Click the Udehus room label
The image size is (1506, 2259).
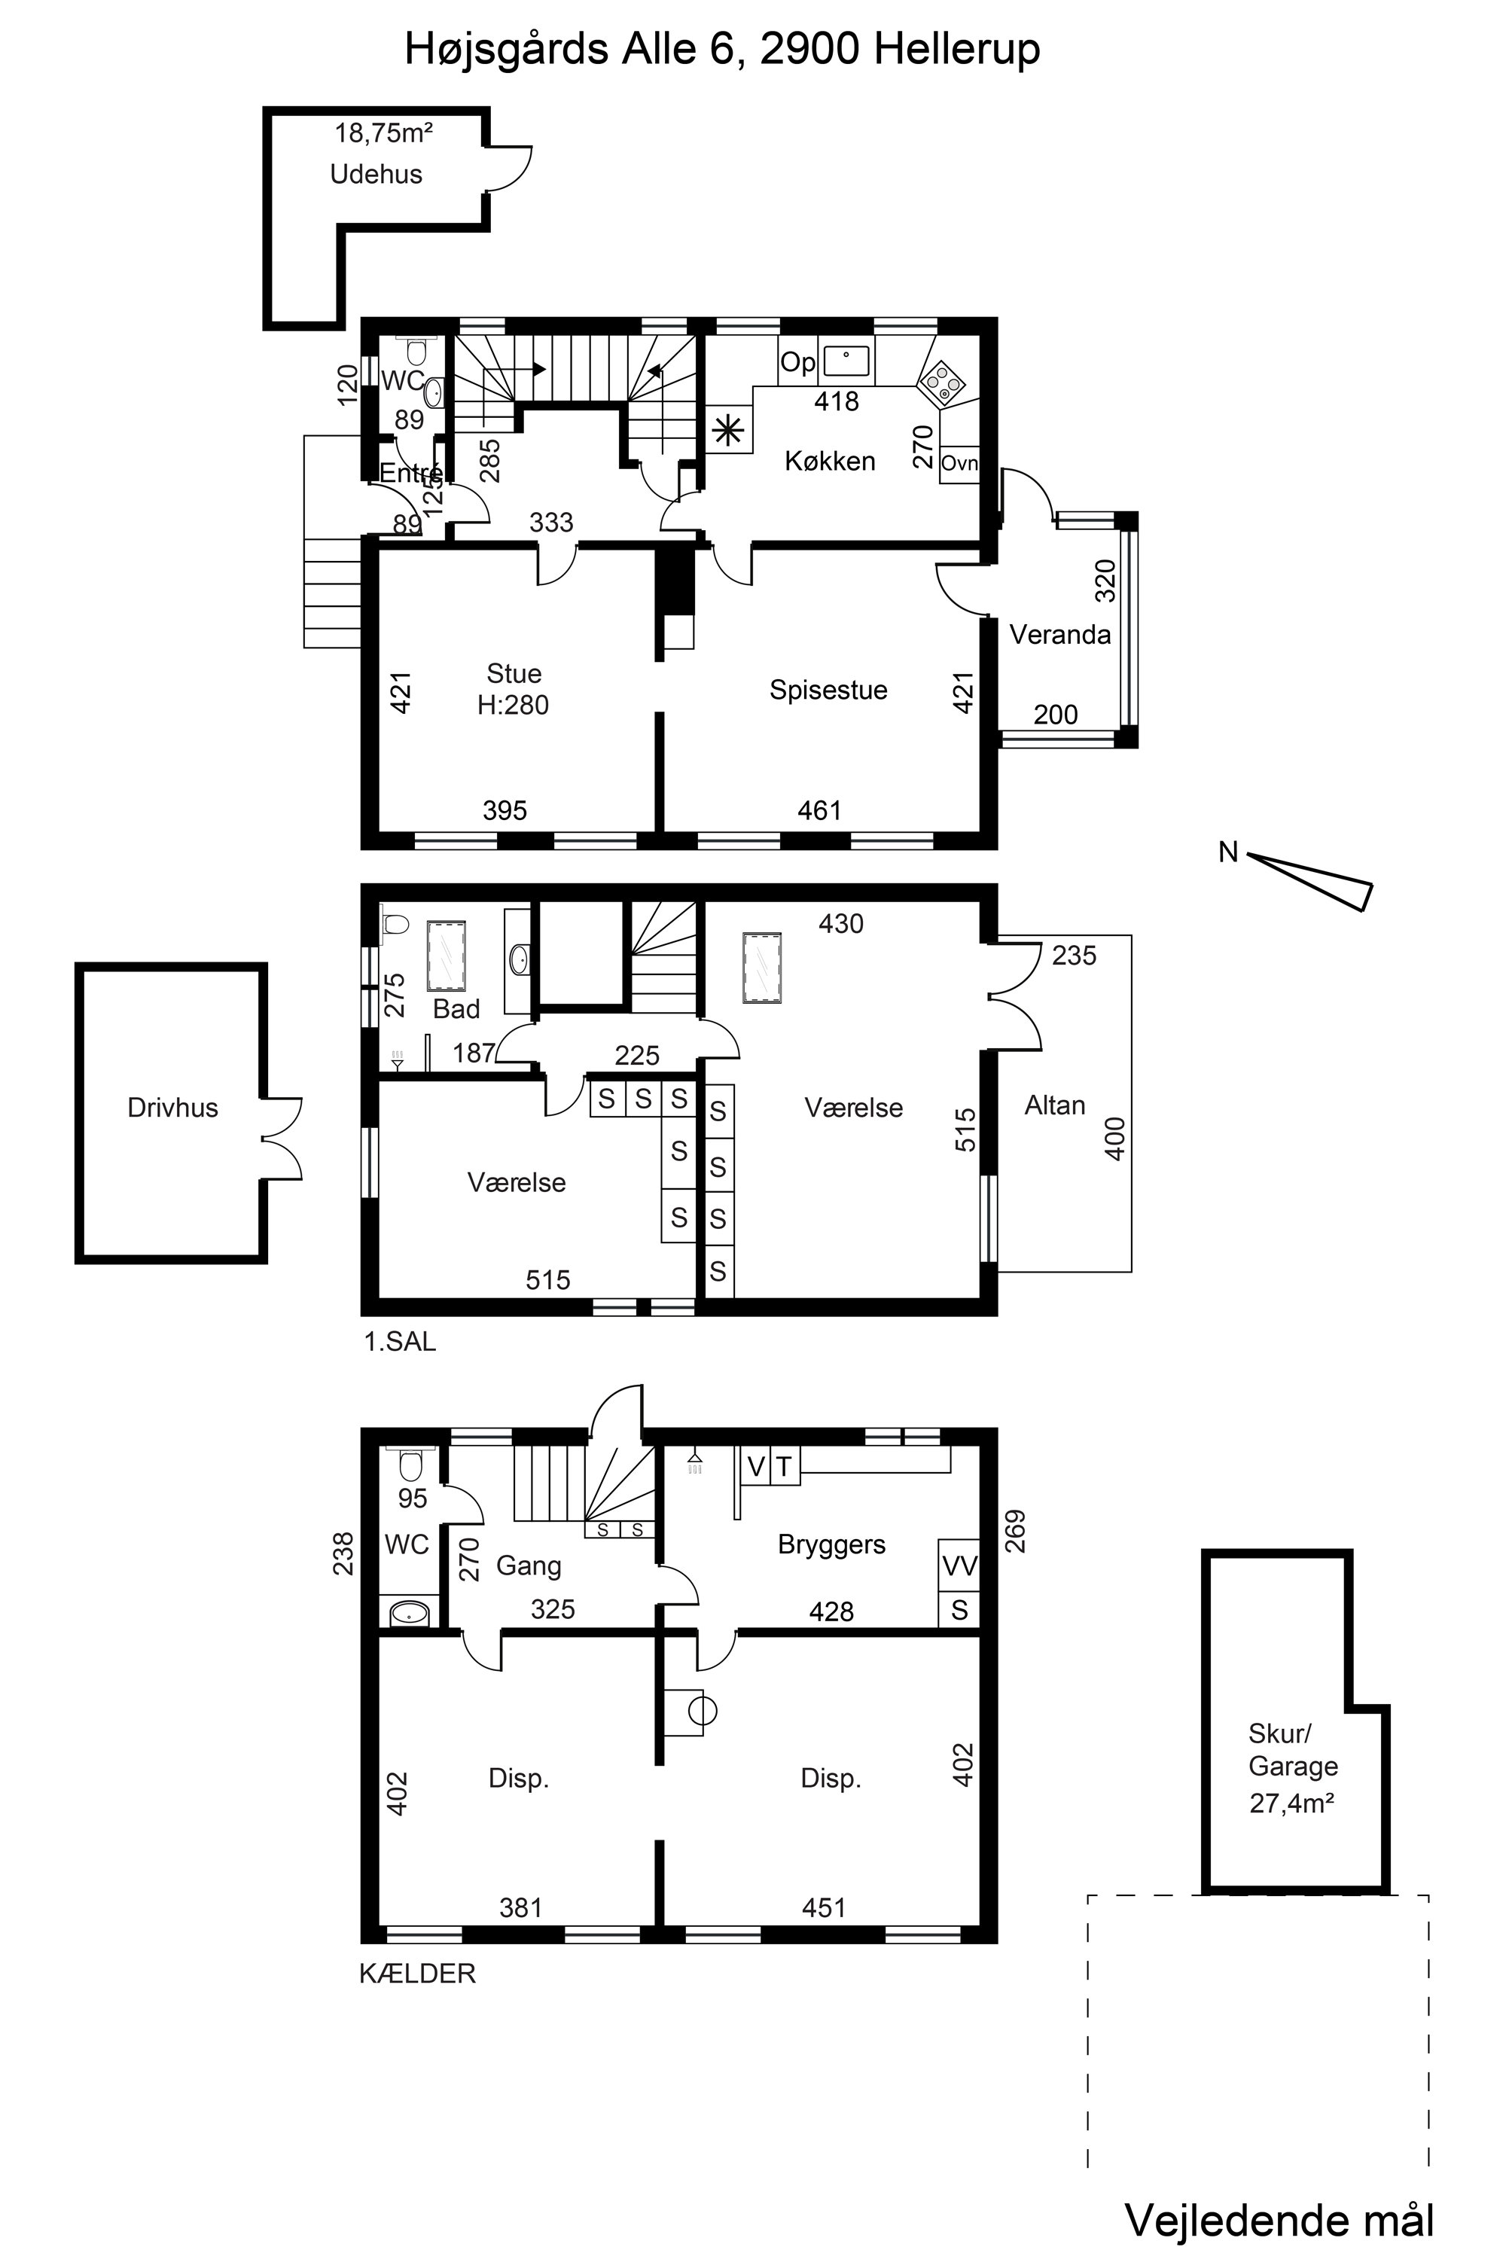(376, 174)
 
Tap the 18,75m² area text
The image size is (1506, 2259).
(383, 133)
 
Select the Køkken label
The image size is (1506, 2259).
(830, 461)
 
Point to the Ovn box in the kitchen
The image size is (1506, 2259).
(959, 464)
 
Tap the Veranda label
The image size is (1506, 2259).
(1059, 634)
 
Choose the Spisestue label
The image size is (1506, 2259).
(828, 690)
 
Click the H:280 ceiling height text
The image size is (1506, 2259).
(513, 705)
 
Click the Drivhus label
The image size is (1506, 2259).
(173, 1108)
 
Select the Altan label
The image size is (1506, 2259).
(1055, 1105)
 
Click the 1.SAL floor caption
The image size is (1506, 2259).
(400, 1342)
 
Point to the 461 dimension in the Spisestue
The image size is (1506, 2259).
(819, 811)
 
